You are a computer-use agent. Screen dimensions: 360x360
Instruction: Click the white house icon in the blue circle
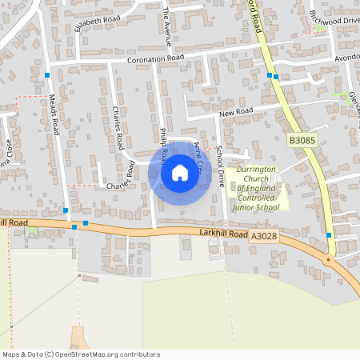click(x=179, y=173)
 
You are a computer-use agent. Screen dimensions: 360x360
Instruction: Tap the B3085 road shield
click(x=302, y=141)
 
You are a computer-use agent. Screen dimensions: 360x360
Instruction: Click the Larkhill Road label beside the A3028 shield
click(x=218, y=233)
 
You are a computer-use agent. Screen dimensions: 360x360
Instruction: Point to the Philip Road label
click(x=163, y=142)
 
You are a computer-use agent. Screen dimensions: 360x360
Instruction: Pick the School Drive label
click(x=220, y=166)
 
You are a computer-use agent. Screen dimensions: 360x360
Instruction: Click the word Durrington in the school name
click(x=256, y=170)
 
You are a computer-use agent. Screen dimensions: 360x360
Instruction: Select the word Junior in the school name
click(x=242, y=207)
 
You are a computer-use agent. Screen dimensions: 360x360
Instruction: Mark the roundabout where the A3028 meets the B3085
click(x=328, y=258)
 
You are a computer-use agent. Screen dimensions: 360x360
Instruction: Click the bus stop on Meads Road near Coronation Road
click(x=48, y=75)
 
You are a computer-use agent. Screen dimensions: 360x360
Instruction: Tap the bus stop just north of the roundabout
click(x=329, y=235)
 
